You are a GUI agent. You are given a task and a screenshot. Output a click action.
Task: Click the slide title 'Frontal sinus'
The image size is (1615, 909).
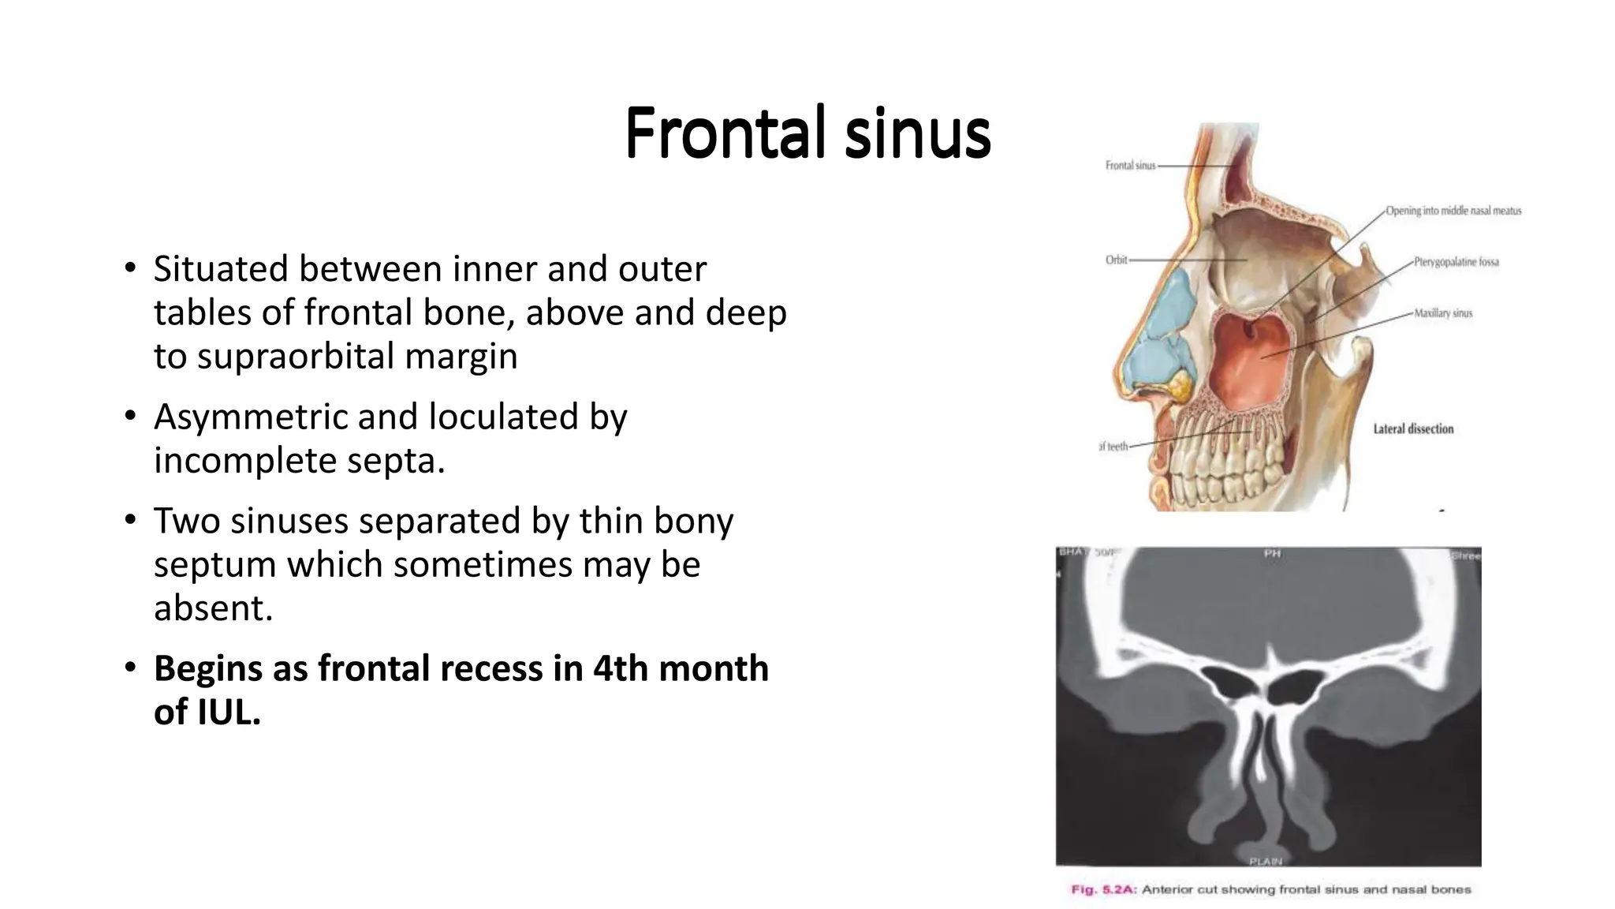tap(807, 133)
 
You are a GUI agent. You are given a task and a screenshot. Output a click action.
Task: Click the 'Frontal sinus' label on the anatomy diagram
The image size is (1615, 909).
tap(1130, 166)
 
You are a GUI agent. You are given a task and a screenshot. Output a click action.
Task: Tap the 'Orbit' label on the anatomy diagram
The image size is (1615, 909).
tap(1117, 260)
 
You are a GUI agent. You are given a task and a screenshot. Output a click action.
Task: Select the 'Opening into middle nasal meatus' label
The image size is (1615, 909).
tap(1453, 211)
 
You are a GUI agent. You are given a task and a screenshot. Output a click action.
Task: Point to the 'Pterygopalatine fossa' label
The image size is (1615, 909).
tap(1456, 262)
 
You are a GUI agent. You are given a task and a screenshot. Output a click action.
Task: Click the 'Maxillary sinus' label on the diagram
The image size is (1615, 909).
tap(1443, 313)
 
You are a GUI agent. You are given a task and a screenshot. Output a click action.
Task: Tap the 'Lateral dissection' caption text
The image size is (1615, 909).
tap(1413, 429)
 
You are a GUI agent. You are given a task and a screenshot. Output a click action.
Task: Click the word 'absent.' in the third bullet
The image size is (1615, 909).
tap(213, 608)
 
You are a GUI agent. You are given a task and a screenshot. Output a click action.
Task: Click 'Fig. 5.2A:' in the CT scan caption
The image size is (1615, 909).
tap(1102, 890)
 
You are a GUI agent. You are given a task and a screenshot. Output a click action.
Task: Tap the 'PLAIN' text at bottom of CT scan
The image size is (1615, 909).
tap(1266, 861)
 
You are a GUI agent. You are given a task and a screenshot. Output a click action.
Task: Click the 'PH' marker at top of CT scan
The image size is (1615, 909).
tap(1272, 554)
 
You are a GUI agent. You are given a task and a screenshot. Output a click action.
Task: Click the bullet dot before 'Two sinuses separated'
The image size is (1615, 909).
tap(131, 521)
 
